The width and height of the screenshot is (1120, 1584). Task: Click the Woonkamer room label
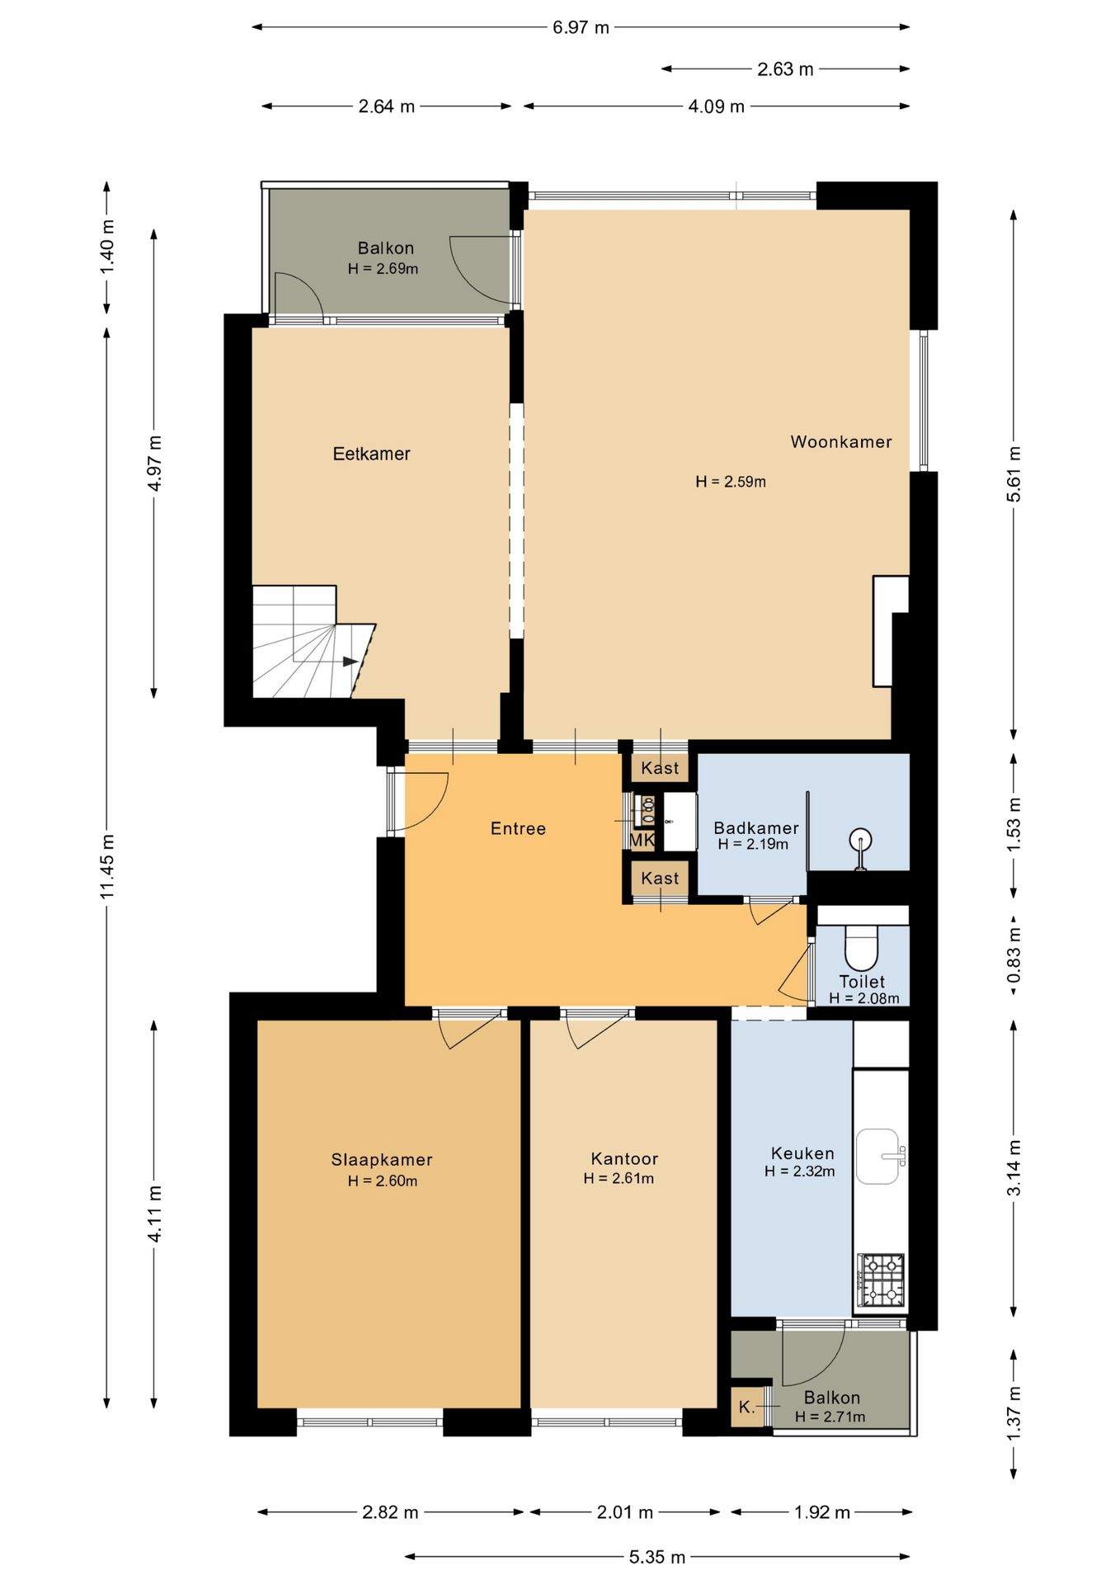click(840, 441)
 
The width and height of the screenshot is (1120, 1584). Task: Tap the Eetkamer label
click(371, 453)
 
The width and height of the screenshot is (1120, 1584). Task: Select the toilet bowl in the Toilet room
click(862, 948)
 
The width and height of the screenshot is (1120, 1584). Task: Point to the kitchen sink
click(879, 1156)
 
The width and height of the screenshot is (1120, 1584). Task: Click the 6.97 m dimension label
click(581, 27)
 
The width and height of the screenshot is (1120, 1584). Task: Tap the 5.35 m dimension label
click(657, 1557)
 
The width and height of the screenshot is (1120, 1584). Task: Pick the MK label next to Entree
click(642, 840)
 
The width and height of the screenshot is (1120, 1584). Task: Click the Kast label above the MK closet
click(660, 768)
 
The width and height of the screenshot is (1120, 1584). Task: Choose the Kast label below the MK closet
click(660, 879)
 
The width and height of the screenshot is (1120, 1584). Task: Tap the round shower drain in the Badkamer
click(860, 841)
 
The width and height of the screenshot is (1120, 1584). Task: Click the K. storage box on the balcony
click(747, 1407)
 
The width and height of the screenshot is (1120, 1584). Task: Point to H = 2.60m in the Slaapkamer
click(383, 1181)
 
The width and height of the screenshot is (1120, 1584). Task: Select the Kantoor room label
click(624, 1158)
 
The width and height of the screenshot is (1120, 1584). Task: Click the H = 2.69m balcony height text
click(383, 268)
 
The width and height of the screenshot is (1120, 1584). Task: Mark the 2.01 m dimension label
click(624, 1512)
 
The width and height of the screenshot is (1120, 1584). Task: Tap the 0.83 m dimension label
click(1014, 955)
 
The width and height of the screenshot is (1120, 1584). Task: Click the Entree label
click(518, 828)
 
